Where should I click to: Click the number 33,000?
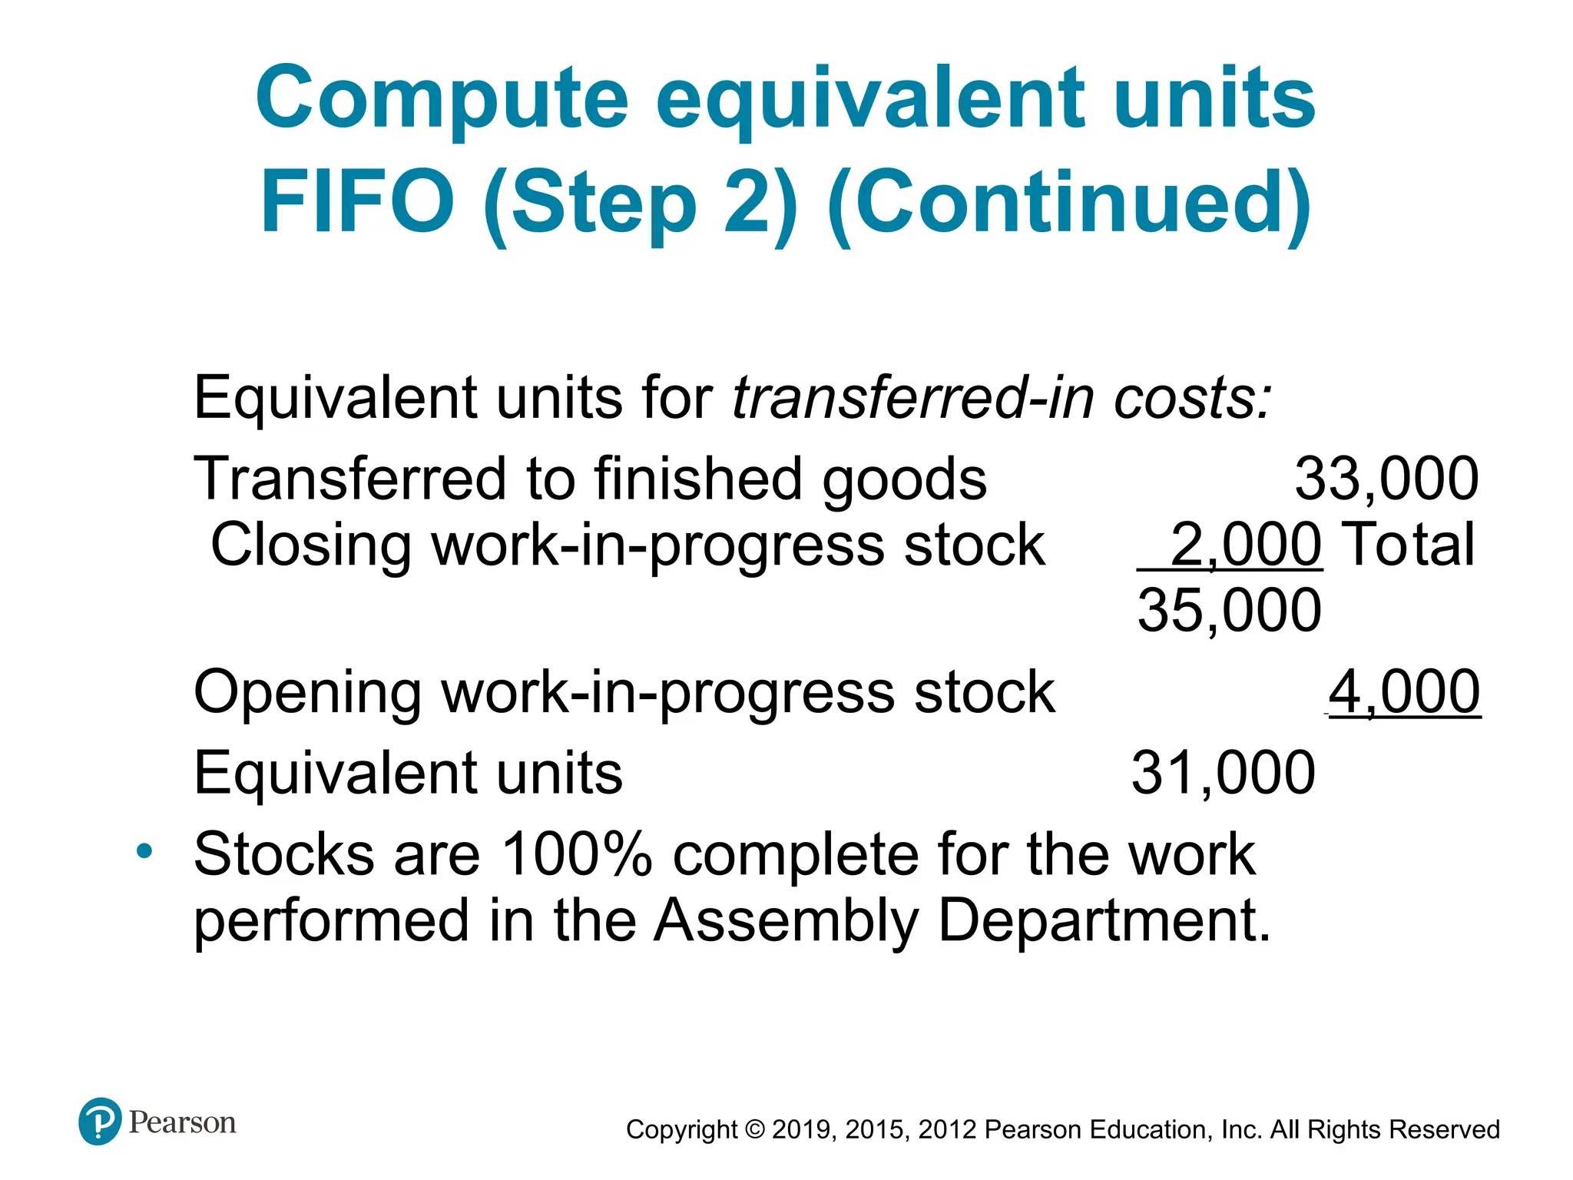(x=1386, y=479)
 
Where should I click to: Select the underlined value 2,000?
(x=1245, y=545)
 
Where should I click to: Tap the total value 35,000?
(x=1229, y=610)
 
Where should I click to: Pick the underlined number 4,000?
(x=1404, y=691)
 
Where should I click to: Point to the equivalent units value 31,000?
(x=1224, y=772)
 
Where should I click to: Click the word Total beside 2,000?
(x=1411, y=545)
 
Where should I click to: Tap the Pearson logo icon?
(x=100, y=1122)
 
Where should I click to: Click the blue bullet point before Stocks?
(x=144, y=851)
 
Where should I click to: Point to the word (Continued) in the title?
(x=1069, y=201)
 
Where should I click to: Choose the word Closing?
(x=310, y=545)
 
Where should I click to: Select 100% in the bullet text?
(x=576, y=854)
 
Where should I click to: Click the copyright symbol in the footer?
(x=755, y=1130)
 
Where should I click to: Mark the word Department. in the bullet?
(x=1104, y=920)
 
